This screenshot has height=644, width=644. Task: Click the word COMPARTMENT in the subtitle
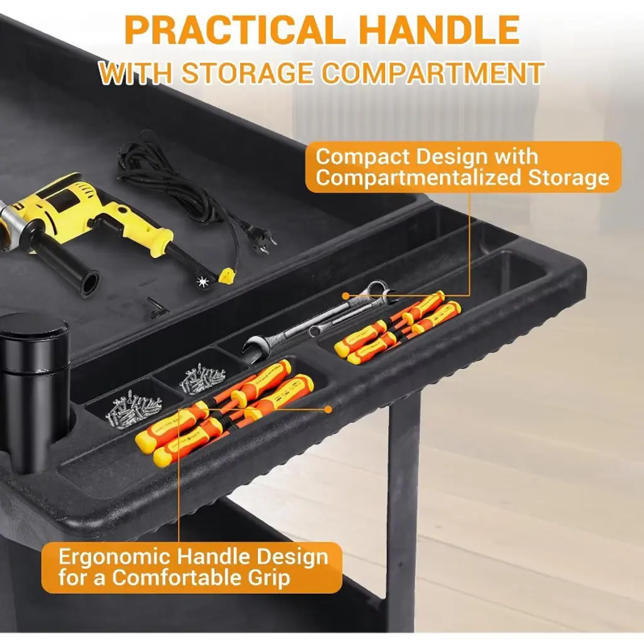433,73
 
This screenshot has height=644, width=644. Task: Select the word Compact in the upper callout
363,157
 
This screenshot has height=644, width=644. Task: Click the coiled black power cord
172,180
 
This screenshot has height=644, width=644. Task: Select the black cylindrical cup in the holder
35,390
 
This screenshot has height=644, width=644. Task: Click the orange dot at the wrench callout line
346,296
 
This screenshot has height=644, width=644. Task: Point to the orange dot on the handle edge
328,409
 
